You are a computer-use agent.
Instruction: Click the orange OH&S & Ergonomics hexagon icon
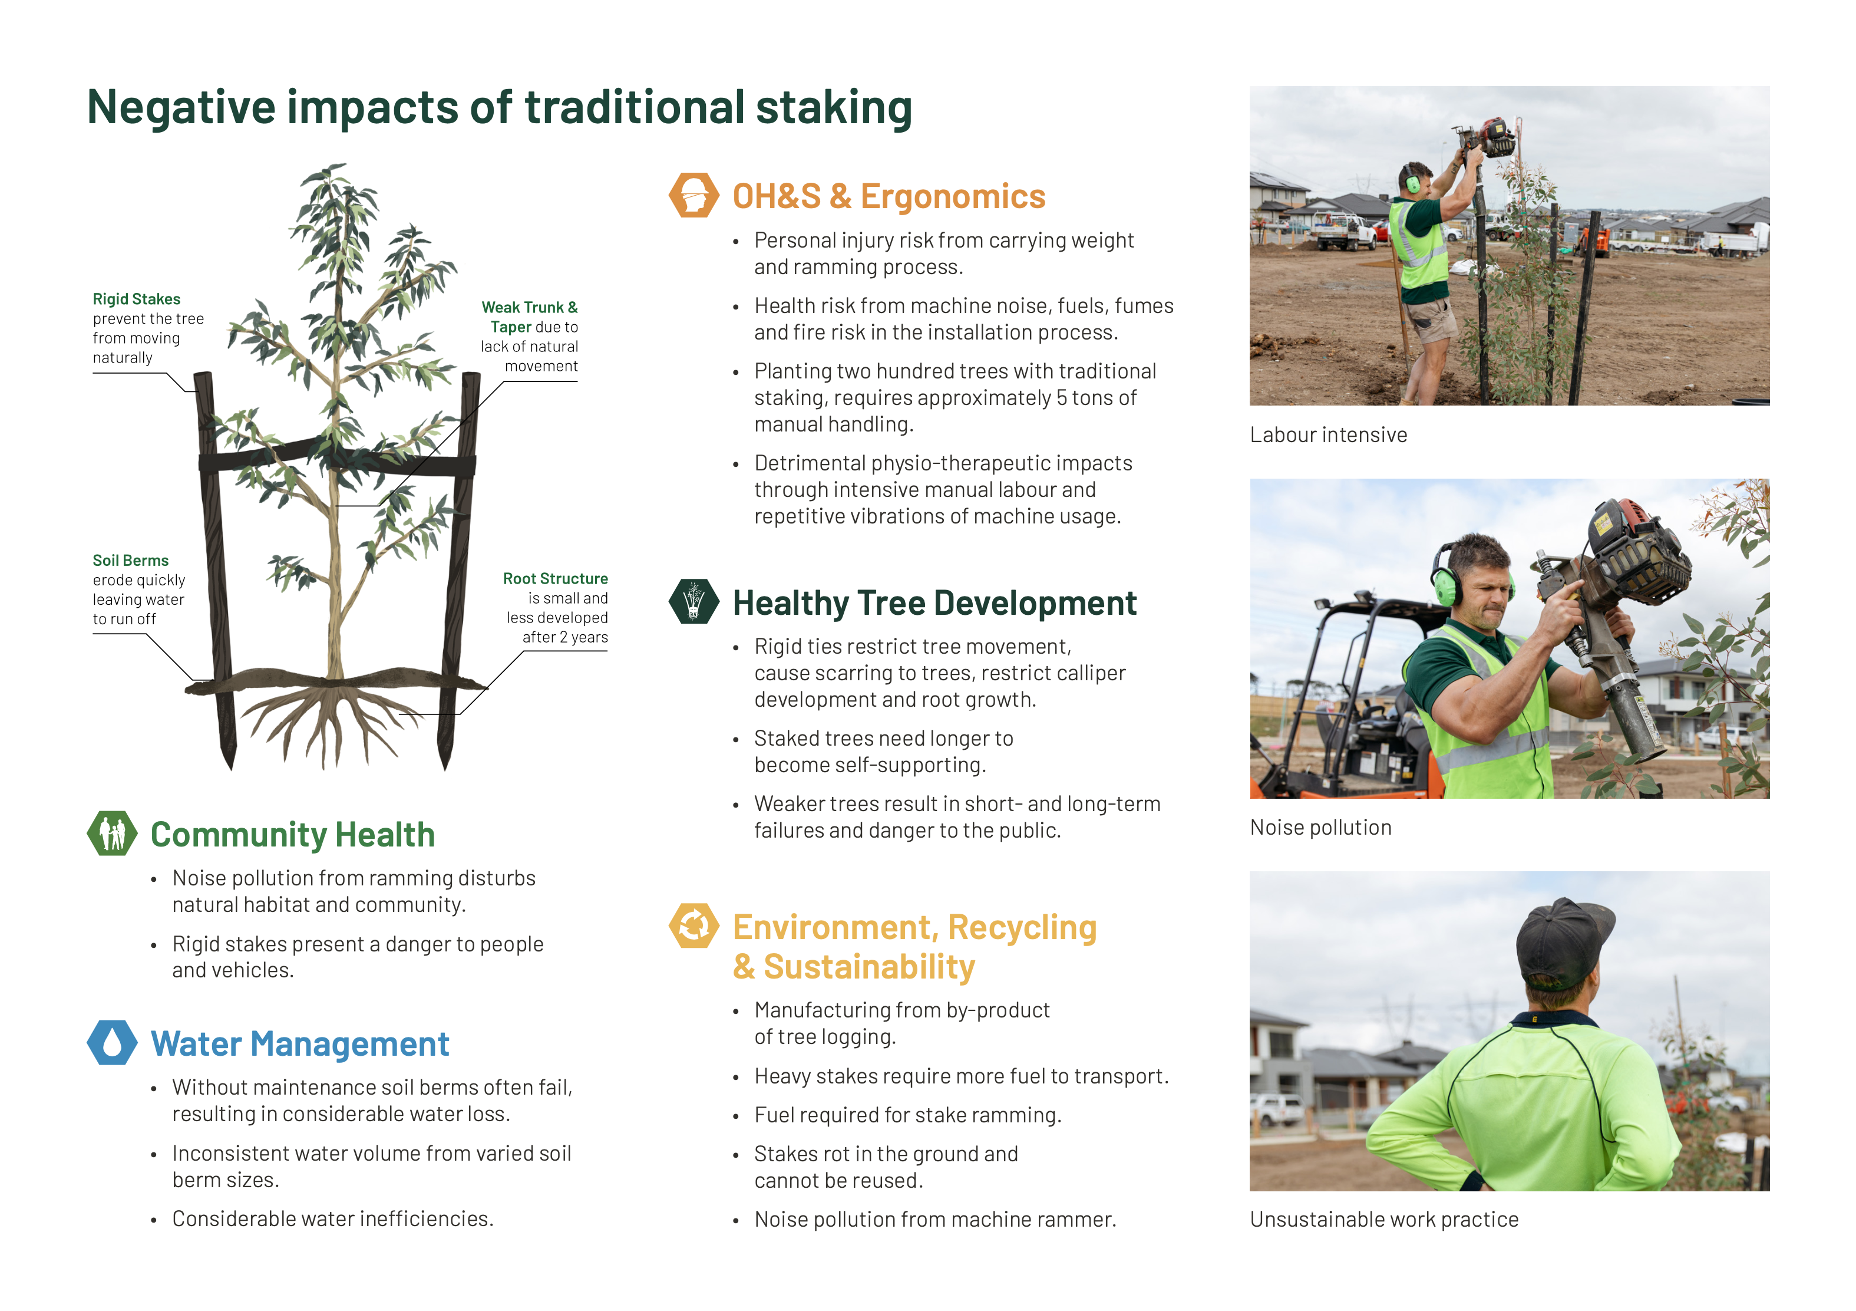693,195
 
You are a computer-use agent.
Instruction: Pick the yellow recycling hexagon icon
693,925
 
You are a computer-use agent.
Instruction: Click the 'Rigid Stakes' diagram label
137,299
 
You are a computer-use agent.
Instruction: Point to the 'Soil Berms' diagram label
130,561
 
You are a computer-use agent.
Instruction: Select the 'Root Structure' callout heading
556,578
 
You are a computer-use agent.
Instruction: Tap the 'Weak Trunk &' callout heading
530,307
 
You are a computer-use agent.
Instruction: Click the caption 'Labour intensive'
1328,435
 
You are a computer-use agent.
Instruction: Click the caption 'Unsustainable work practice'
1384,1220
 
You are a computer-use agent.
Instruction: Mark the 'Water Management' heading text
300,1044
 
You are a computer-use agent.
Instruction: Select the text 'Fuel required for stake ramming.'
908,1116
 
